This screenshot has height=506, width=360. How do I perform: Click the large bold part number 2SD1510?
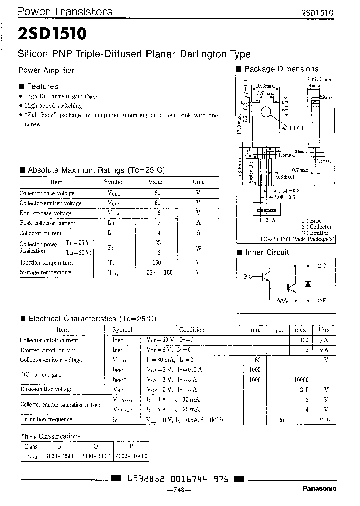(x=53, y=34)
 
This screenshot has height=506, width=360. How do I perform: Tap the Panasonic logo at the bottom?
(x=319, y=488)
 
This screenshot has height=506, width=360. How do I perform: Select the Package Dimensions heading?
(x=281, y=69)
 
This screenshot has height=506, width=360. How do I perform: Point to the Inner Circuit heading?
(x=267, y=252)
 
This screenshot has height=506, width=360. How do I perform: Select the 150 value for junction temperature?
(x=156, y=262)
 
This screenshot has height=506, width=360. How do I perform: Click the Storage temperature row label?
(x=45, y=272)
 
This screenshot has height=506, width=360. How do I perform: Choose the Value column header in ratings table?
(x=156, y=182)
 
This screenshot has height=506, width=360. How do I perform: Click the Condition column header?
(x=192, y=330)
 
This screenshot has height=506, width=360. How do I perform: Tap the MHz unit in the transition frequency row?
(x=324, y=420)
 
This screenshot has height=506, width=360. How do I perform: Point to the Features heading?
(x=42, y=86)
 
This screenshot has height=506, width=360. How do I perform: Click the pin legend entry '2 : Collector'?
(x=316, y=227)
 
